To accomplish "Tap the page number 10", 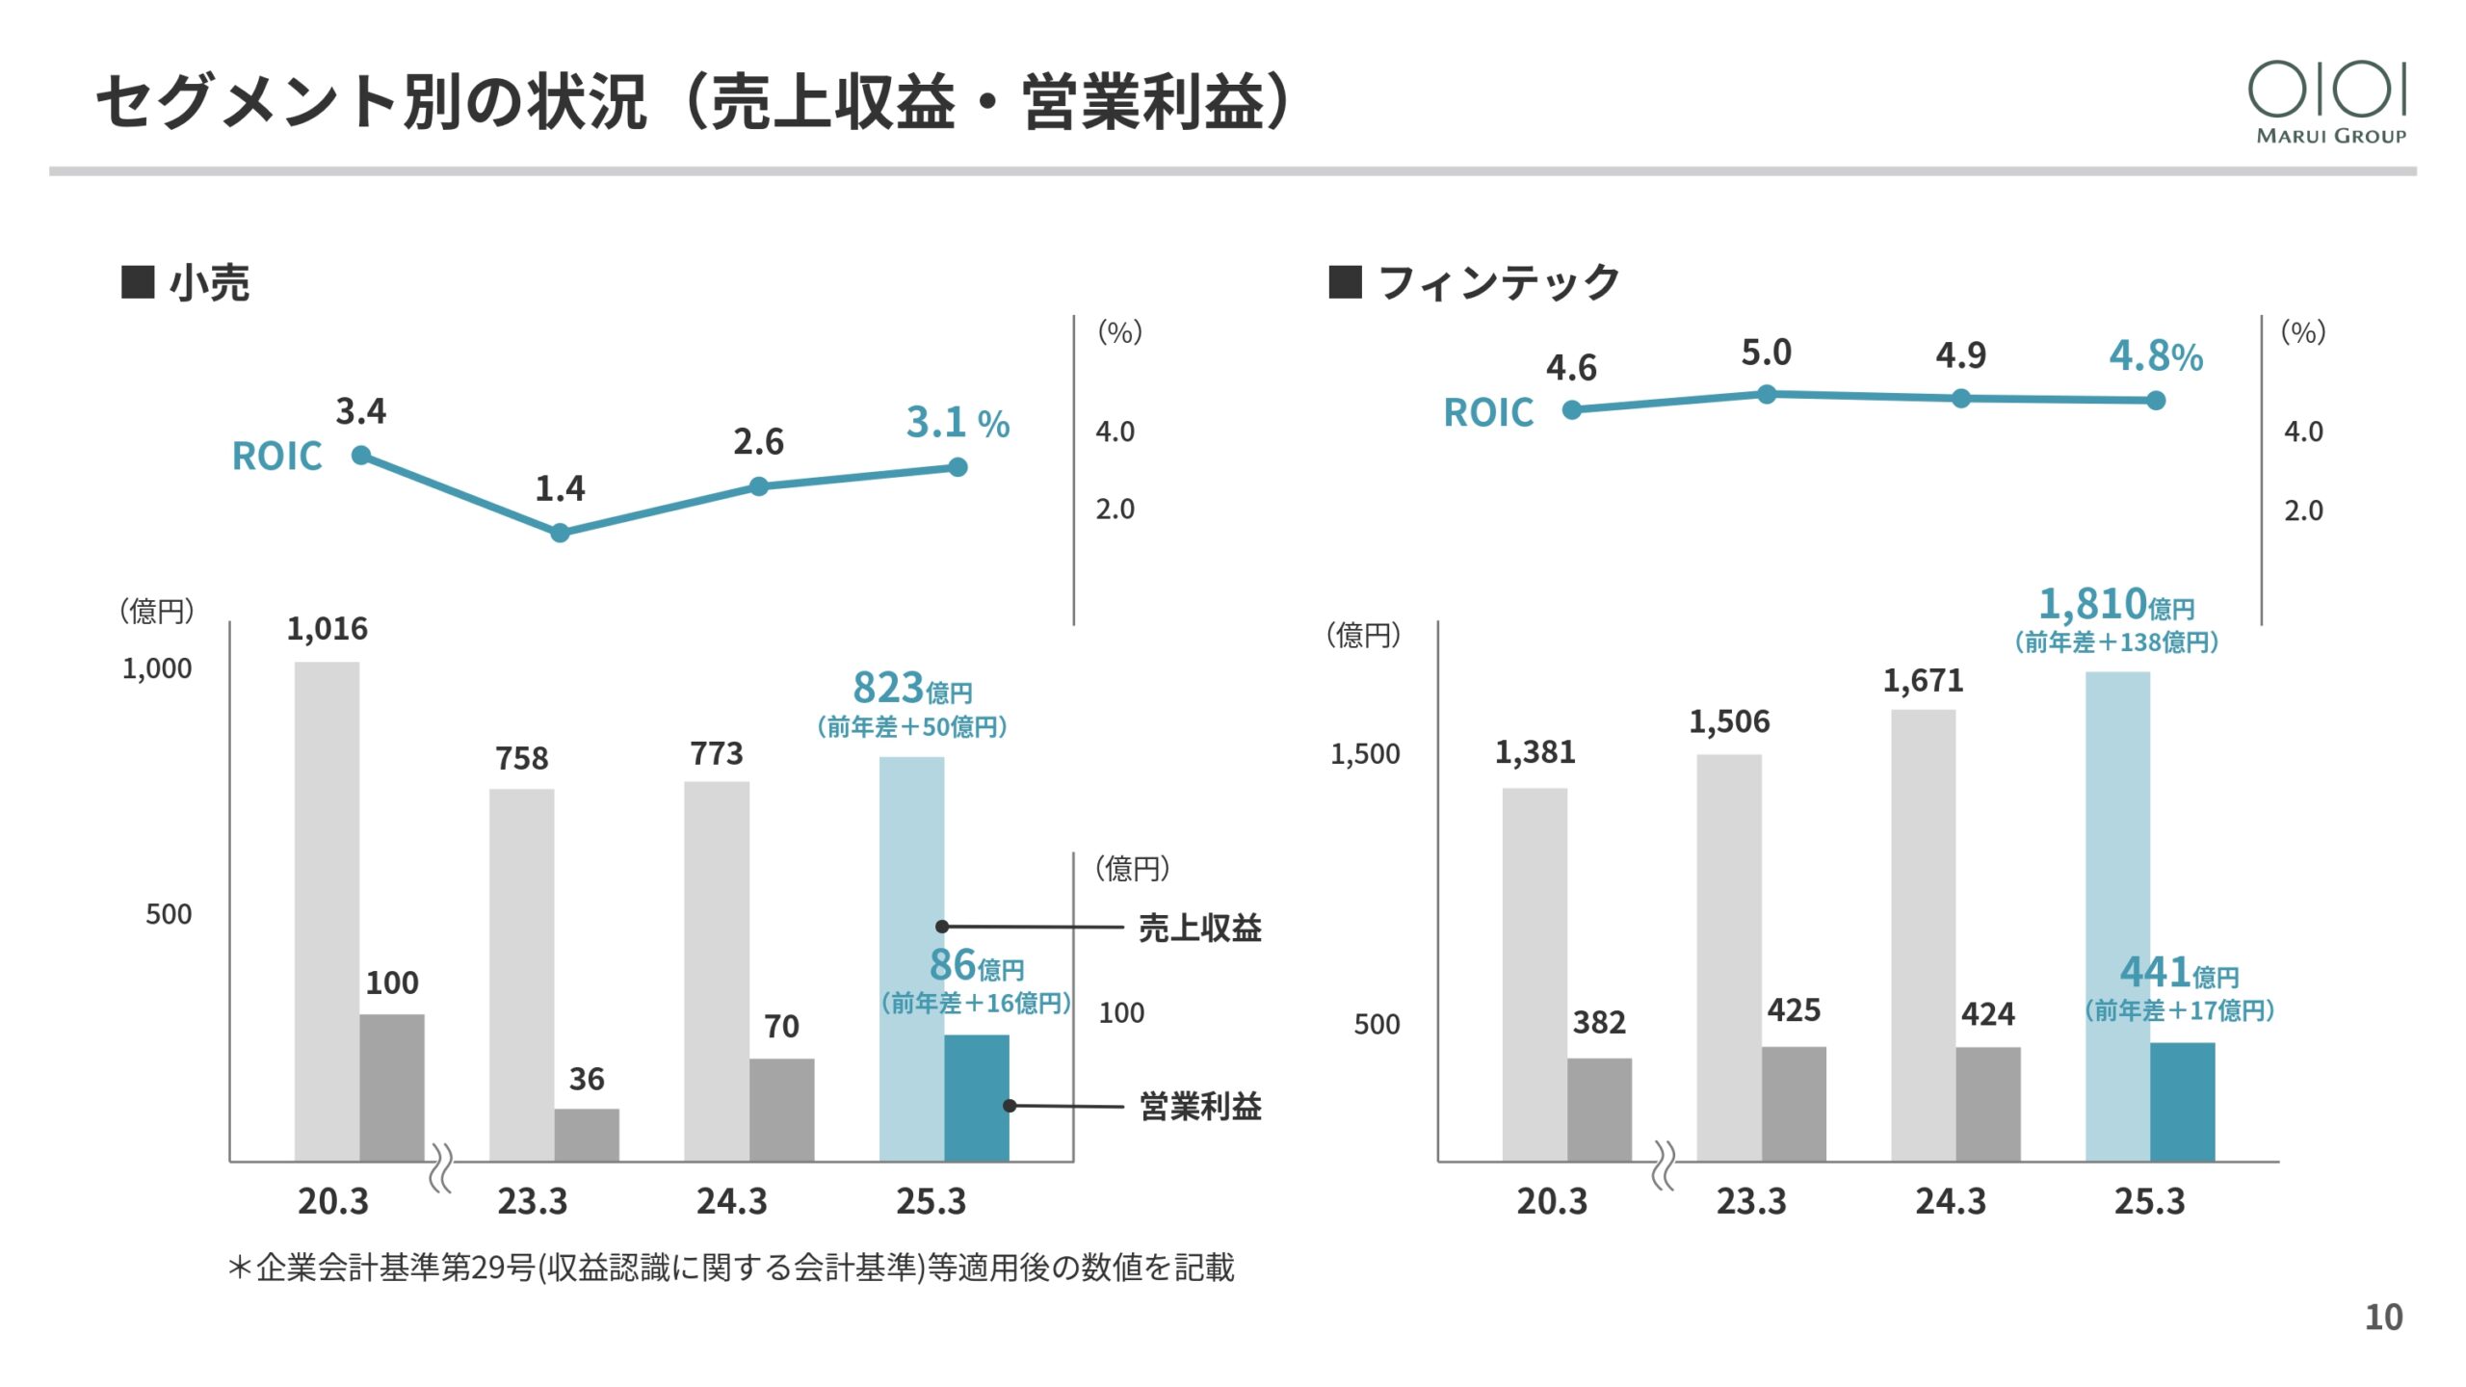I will [x=2383, y=1317].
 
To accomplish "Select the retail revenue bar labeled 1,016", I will [x=327, y=910].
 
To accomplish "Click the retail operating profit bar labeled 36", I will [x=587, y=1135].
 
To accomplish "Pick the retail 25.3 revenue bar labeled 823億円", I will [x=911, y=958].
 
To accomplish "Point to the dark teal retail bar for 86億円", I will [x=977, y=1098].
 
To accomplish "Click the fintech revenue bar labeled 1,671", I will [x=1923, y=934].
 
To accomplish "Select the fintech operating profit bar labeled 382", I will [x=1599, y=1110].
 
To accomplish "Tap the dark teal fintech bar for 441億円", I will [x=2182, y=1102].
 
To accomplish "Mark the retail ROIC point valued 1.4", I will [x=560, y=533].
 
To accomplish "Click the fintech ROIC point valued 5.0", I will [x=1767, y=394].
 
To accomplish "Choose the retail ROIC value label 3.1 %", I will [x=957, y=423].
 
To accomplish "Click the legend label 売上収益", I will [x=1200, y=928].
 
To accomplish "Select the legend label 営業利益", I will [x=1200, y=1106].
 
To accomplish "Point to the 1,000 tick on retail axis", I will [x=157, y=668].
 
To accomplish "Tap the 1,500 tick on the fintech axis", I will [x=1365, y=754].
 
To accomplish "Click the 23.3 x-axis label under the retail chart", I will [x=532, y=1201].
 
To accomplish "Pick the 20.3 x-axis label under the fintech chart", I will [x=1551, y=1201].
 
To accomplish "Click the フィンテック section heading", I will [x=1498, y=283].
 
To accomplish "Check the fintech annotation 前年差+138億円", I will [x=2116, y=642].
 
